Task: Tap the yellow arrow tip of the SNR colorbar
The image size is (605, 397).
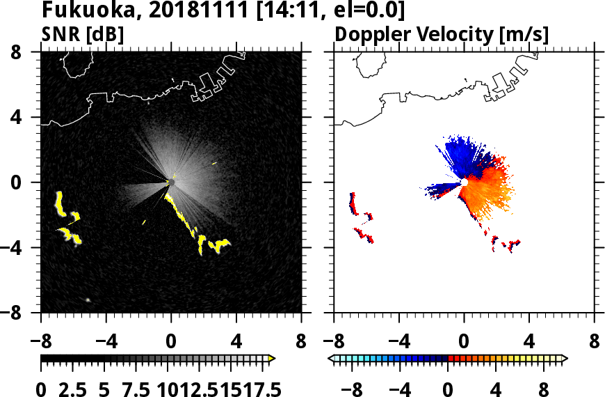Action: pos(272,358)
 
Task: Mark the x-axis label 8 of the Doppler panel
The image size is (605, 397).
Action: pos(594,342)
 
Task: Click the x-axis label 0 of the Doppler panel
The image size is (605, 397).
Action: pos(464,342)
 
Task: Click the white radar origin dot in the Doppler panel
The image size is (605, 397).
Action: pos(464,182)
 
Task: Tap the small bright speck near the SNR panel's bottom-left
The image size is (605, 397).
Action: pos(88,299)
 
